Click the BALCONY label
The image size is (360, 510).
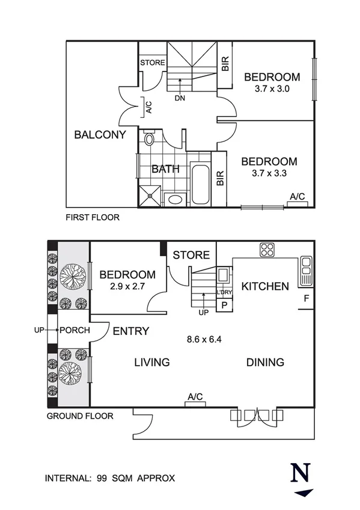tap(100, 135)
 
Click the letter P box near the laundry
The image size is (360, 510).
tap(224, 305)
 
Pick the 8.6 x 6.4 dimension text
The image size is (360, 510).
tap(205, 339)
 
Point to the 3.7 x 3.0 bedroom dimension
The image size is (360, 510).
tap(271, 88)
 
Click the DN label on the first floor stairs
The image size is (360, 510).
tap(179, 98)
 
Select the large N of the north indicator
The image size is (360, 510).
tap(298, 474)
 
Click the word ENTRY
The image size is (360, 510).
tap(130, 331)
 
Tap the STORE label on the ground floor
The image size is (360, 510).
tap(191, 256)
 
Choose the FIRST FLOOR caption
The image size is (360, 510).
tap(93, 218)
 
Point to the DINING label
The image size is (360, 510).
tap(265, 363)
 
